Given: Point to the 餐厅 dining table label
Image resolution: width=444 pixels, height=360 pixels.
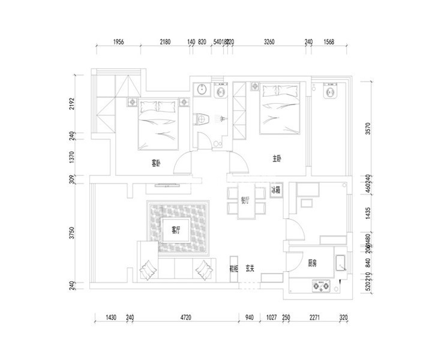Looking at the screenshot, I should [x=245, y=200].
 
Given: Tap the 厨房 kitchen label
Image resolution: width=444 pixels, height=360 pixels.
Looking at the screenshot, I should [x=313, y=263].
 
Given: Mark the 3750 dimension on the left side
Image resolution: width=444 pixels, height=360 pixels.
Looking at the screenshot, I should [x=72, y=233].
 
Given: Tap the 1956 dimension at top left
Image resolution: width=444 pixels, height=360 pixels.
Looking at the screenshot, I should [x=118, y=42].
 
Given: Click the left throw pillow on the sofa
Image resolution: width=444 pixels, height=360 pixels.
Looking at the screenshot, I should [x=147, y=268].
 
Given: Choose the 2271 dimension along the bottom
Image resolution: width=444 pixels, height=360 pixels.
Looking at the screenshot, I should [x=316, y=317].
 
